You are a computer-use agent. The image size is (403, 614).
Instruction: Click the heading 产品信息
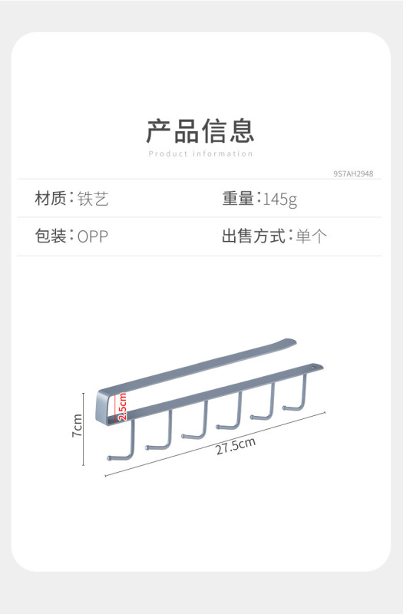[x=200, y=130]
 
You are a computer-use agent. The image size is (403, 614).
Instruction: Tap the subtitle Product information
[x=200, y=154]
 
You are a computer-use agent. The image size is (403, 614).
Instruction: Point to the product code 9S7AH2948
[x=353, y=173]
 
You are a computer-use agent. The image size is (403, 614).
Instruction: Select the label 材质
[x=51, y=199]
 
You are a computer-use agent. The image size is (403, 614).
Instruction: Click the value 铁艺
[x=93, y=199]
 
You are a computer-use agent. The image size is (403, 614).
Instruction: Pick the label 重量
[x=238, y=199]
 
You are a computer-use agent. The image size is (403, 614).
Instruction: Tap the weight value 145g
[x=280, y=200]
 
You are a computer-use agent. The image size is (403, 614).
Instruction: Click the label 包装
[x=51, y=236]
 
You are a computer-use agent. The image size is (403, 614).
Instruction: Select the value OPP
[x=93, y=236]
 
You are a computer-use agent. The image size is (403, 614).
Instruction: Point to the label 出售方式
[x=254, y=236]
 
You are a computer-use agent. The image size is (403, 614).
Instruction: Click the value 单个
[x=312, y=236]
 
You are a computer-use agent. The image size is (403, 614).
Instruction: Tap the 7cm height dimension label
[x=78, y=425]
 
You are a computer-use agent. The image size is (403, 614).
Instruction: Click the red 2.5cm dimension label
[x=123, y=407]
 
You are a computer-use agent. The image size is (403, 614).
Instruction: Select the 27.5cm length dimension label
[x=236, y=446]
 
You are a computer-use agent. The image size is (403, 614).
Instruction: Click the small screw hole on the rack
[x=313, y=368]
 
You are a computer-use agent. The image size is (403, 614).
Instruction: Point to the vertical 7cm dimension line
[x=84, y=429]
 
